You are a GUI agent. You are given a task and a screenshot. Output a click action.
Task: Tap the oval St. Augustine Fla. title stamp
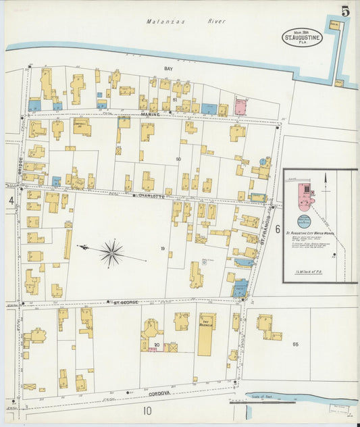click(303, 38)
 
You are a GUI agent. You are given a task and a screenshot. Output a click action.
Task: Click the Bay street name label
click(169, 69)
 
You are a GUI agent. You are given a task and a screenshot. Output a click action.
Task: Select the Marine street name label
click(149, 115)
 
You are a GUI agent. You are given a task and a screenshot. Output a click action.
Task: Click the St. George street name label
click(126, 303)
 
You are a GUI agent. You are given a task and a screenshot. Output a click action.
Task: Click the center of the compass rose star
click(111, 253)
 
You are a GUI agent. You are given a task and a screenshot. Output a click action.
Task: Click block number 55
click(294, 345)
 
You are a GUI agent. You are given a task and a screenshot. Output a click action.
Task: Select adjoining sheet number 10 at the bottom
click(147, 410)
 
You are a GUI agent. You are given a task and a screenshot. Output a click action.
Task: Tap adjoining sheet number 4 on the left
click(11, 201)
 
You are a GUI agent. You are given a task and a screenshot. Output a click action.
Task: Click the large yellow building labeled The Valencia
click(206, 334)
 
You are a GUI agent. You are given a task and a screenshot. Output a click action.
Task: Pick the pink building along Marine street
click(240, 107)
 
